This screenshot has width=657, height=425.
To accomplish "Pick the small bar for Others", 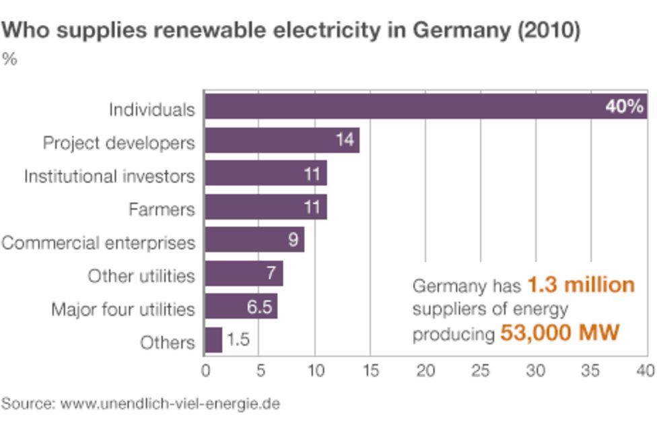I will pyautogui.click(x=213, y=340).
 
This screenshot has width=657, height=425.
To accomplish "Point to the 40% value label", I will pyautogui.click(x=624, y=107).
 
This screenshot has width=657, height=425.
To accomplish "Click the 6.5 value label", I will pyautogui.click(x=258, y=307).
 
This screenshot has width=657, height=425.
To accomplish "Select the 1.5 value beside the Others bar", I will pyautogui.click(x=238, y=340).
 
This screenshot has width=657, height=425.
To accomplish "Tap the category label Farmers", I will pyautogui.click(x=162, y=209).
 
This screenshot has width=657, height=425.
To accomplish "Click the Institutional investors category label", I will pyautogui.click(x=109, y=176).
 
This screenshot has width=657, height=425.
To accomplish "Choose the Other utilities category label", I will pyautogui.click(x=141, y=275).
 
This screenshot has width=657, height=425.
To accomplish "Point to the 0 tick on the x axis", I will pyautogui.click(x=205, y=370).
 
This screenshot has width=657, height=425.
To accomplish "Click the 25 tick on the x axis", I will pyautogui.click(x=481, y=370).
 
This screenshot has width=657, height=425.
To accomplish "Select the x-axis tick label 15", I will pyautogui.click(x=370, y=370).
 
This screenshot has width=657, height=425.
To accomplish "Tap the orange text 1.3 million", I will pyautogui.click(x=580, y=286).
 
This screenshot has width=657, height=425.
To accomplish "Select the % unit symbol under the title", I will pyautogui.click(x=9, y=59).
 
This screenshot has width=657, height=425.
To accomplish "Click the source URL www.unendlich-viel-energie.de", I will pyautogui.click(x=170, y=404).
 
